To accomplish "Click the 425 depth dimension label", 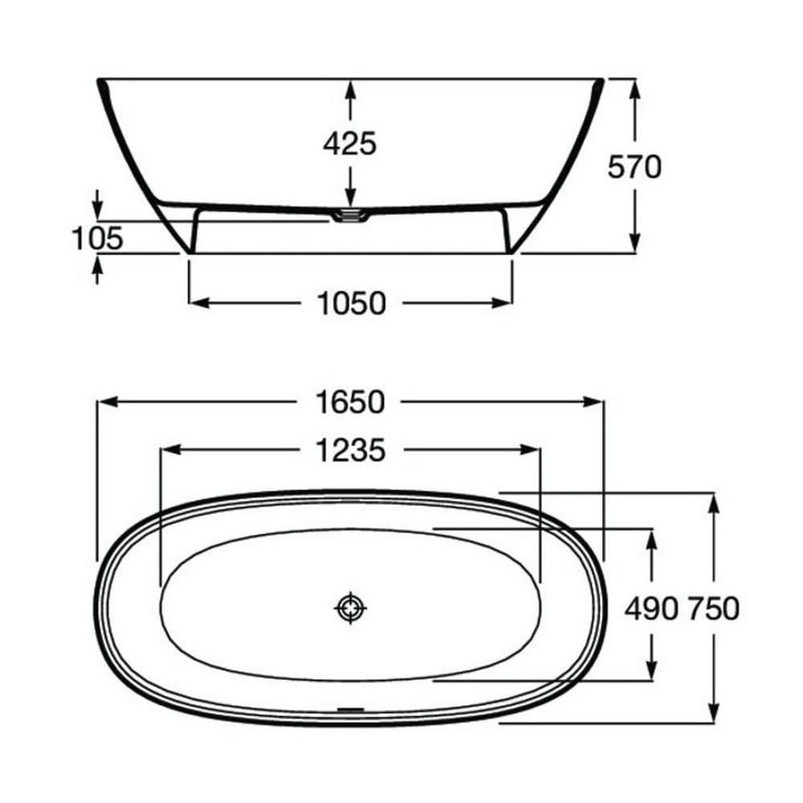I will (349, 144).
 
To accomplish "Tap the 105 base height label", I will (97, 238).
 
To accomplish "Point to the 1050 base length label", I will (350, 304).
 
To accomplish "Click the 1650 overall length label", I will (350, 401).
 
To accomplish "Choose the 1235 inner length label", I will (350, 451).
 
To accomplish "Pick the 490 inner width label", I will (650, 609).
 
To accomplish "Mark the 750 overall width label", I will (713, 609).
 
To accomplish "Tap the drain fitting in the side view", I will (350, 215).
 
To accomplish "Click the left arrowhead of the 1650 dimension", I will (104, 401).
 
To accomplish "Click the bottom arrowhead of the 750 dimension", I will (712, 713).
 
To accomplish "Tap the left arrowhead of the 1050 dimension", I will (197, 304).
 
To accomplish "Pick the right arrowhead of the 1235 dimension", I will (533, 451).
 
